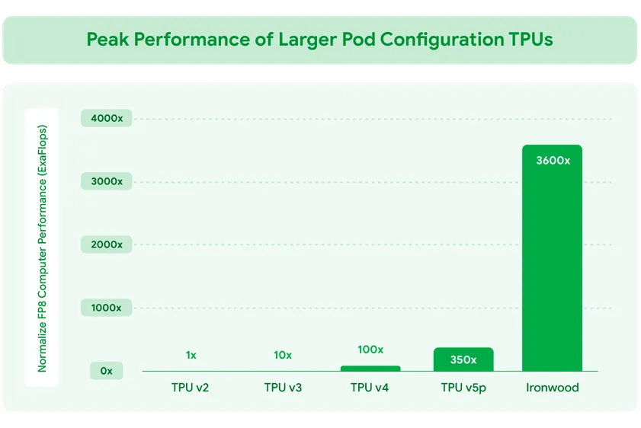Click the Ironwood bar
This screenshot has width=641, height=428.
552,259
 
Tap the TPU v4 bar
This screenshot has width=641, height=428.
370,369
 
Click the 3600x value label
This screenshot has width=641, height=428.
553,161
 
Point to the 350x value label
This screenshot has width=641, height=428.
463,359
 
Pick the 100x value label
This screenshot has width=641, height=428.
370,350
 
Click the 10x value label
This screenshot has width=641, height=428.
283,355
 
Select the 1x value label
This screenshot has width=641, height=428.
191,355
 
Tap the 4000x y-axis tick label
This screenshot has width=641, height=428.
106,118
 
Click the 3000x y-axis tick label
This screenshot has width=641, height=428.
106,181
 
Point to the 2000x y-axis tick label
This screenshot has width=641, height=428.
106,244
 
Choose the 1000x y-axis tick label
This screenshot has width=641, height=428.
106,308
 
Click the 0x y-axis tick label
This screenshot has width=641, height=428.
106,371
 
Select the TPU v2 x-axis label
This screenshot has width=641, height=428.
190,388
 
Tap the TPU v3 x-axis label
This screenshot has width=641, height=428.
283,388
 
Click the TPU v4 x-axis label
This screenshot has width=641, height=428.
370,388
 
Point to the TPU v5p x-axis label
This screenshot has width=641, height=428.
463,388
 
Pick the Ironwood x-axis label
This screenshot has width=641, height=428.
553,388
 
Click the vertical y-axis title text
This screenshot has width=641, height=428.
42,248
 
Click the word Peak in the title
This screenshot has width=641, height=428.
107,40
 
